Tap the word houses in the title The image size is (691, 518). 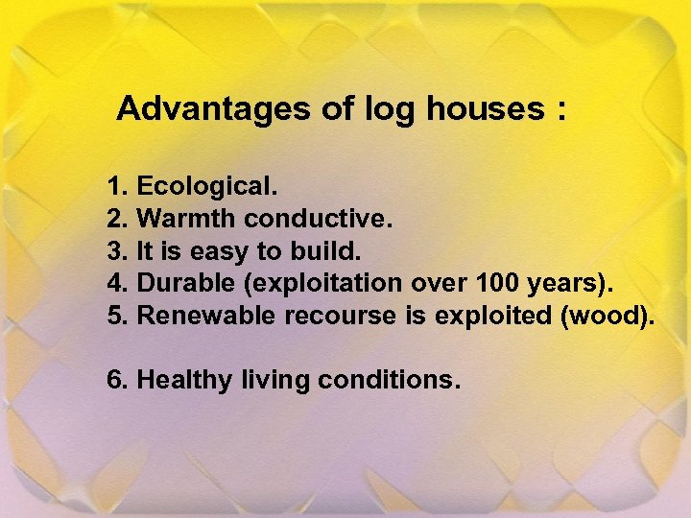click(485, 109)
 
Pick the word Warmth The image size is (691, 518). click(187, 218)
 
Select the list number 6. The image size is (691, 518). click(117, 380)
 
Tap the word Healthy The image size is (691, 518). click(184, 381)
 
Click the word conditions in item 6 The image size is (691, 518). click(388, 380)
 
